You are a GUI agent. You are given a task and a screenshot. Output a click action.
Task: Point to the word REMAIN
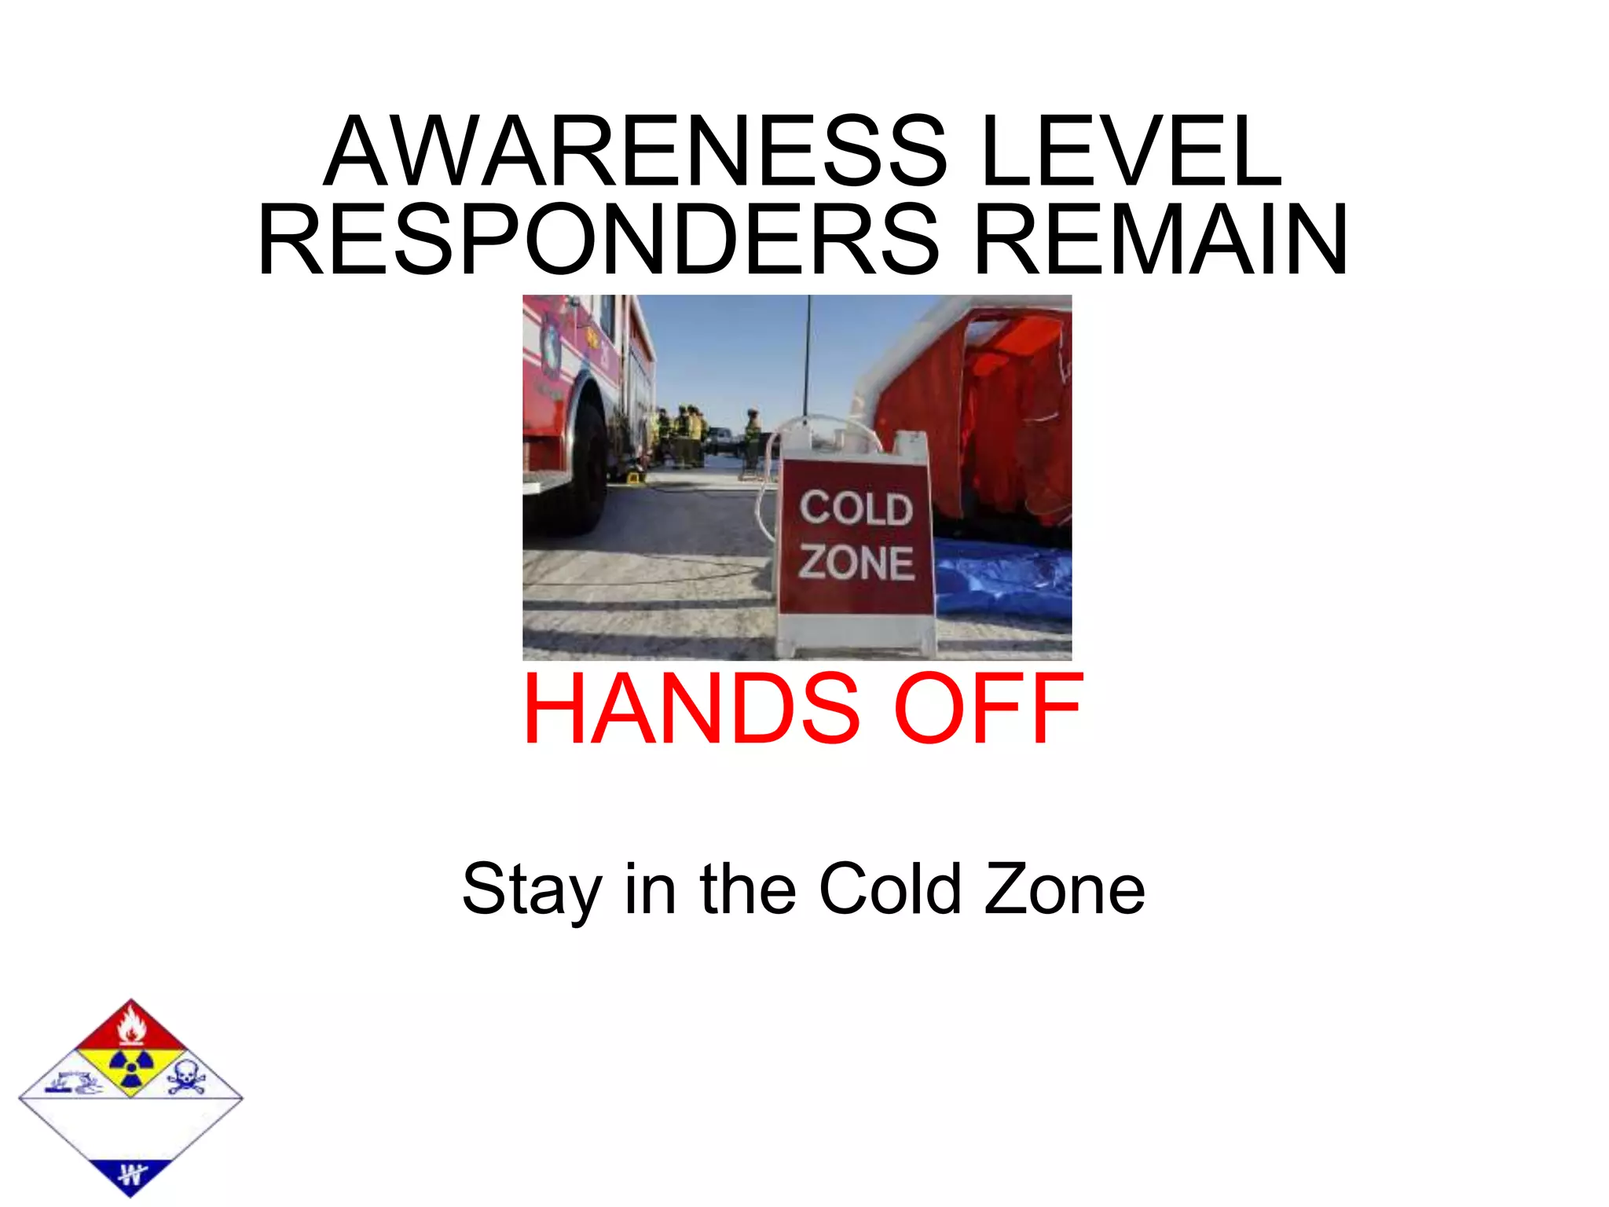click(x=1161, y=240)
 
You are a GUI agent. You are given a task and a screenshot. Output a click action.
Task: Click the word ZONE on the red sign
click(x=856, y=563)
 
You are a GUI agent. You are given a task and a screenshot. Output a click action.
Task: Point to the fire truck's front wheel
click(x=577, y=464)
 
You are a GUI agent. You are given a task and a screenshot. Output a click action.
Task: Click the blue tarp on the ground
click(x=1006, y=578)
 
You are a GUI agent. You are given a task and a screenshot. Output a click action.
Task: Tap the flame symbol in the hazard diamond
click(x=131, y=1025)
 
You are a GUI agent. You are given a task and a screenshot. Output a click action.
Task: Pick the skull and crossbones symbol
click(x=185, y=1076)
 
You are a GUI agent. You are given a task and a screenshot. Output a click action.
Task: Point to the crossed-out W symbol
click(x=131, y=1176)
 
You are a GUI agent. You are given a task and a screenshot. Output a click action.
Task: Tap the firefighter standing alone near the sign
click(x=753, y=436)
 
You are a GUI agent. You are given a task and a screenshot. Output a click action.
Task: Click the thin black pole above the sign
click(x=808, y=354)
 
